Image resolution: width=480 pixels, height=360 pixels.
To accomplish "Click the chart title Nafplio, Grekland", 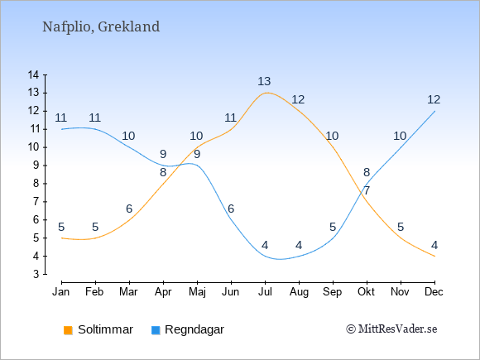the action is click(x=101, y=27).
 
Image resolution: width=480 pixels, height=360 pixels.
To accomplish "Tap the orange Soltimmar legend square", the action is click(x=68, y=330).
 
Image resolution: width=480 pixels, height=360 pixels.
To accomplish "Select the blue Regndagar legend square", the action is click(x=156, y=330).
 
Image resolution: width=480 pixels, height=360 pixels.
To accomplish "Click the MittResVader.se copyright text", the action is click(x=391, y=329).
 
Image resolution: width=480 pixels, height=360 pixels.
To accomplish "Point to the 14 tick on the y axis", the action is click(x=33, y=74).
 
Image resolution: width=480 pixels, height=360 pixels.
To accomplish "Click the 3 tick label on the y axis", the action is click(x=36, y=274).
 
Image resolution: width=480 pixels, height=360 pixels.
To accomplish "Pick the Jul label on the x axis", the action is click(x=265, y=292).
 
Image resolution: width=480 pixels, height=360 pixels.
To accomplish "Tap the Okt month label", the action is click(x=366, y=292).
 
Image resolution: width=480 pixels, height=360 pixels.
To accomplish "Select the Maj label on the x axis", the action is click(x=197, y=292).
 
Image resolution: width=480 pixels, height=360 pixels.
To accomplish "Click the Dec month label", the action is click(x=434, y=292).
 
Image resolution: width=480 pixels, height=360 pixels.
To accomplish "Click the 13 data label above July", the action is click(x=264, y=81).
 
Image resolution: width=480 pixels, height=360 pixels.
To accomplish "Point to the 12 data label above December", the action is click(x=434, y=99).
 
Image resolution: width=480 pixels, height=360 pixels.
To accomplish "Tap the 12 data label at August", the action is click(x=298, y=99).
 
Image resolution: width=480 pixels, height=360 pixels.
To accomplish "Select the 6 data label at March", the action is click(x=129, y=209).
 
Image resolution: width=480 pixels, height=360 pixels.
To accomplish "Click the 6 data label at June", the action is click(x=231, y=209).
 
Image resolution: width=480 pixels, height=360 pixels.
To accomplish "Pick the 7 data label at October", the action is click(x=367, y=190).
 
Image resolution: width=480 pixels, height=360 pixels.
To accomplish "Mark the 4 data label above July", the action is click(x=265, y=245).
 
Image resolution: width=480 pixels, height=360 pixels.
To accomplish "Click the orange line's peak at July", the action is click(x=266, y=93).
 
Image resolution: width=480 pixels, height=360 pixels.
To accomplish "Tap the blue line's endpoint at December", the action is click(x=434, y=111).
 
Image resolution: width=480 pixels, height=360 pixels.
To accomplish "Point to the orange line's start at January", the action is click(x=62, y=238).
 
